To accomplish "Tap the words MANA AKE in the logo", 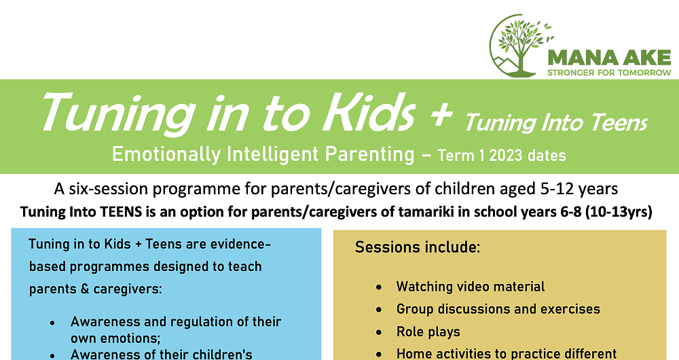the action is pos(609,58).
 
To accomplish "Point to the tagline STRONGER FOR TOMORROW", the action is pos(609,73).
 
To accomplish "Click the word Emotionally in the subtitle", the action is pos(166,155).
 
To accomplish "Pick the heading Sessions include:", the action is pos(418,247).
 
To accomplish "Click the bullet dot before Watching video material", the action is pos(380,287).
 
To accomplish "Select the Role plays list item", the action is pos(428,332).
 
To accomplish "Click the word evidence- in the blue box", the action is pos(240,244).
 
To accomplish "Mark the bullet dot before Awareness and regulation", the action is pos(53,323).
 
